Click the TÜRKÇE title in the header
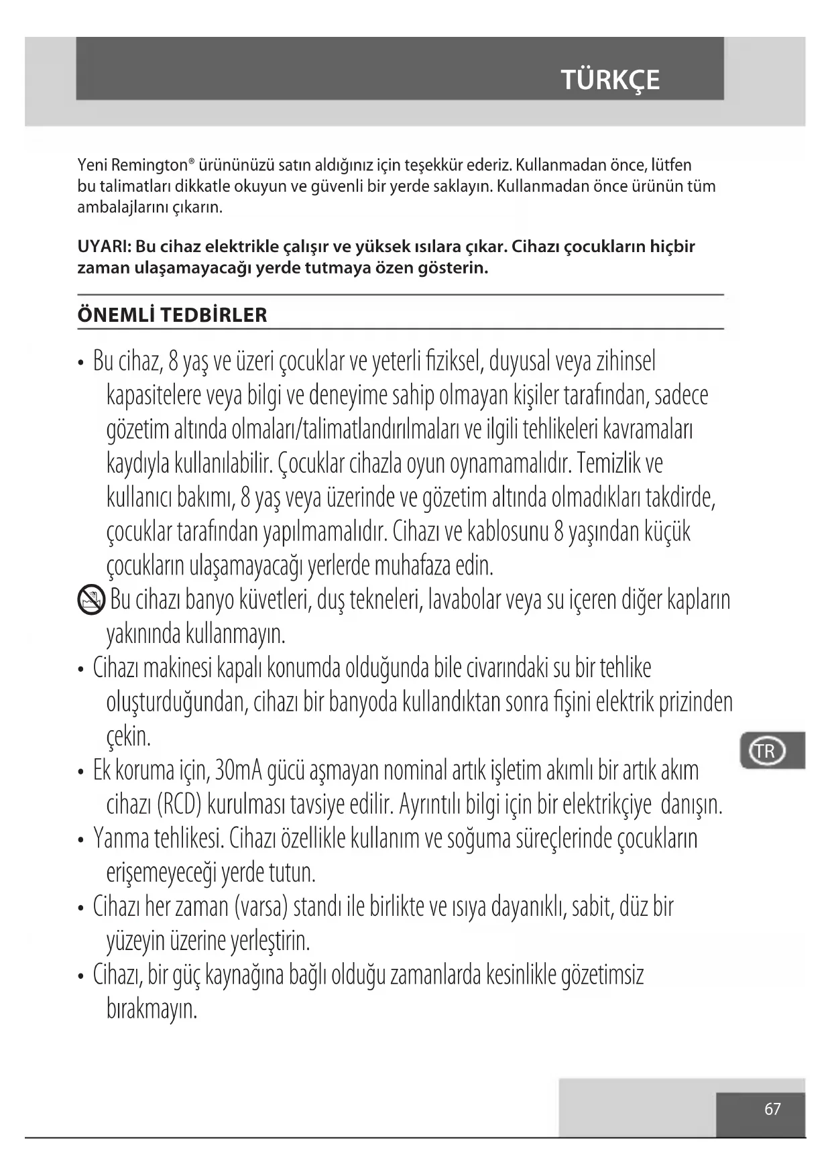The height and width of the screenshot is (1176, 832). (610, 80)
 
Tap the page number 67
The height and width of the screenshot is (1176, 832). (772, 1110)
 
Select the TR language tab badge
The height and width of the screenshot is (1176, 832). (765, 751)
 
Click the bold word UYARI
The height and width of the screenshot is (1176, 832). (103, 247)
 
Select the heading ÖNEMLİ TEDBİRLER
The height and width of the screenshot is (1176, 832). (172, 315)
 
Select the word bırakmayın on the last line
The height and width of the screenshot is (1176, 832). (152, 1009)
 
